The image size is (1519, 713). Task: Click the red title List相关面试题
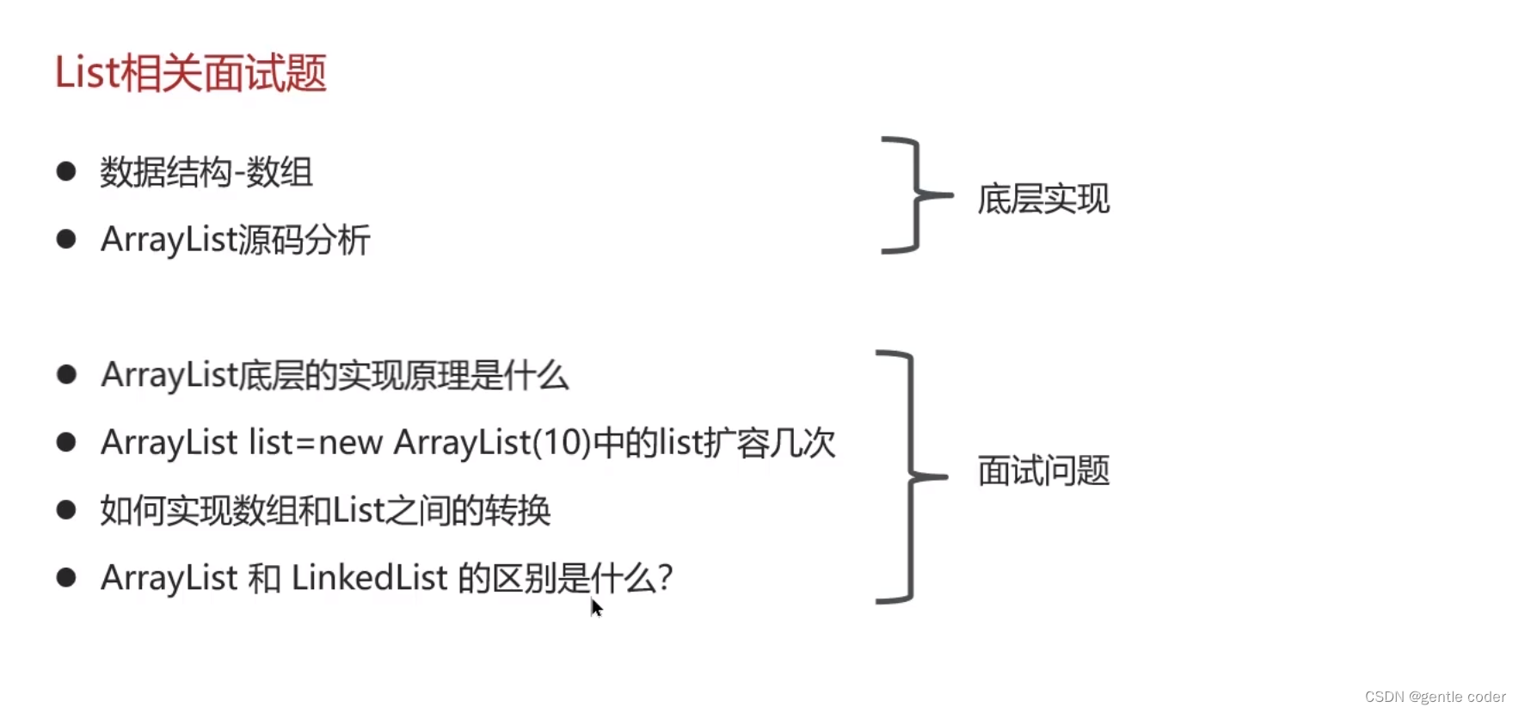pos(190,73)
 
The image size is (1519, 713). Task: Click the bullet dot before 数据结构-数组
pos(66,171)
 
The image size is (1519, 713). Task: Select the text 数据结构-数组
pos(206,172)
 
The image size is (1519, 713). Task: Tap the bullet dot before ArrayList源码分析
pos(66,238)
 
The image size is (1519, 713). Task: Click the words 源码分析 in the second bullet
pos(303,240)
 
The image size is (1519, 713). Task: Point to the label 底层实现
pos(1043,199)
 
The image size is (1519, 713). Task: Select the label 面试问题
pos(1043,470)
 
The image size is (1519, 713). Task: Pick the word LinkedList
pos(369,578)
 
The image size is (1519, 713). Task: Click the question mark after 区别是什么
pos(664,578)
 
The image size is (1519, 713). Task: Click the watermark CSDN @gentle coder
pos(1435,697)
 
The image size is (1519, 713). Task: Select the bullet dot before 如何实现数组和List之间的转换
pos(66,509)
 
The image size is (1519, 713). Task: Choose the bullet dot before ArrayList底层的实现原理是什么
pos(66,374)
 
